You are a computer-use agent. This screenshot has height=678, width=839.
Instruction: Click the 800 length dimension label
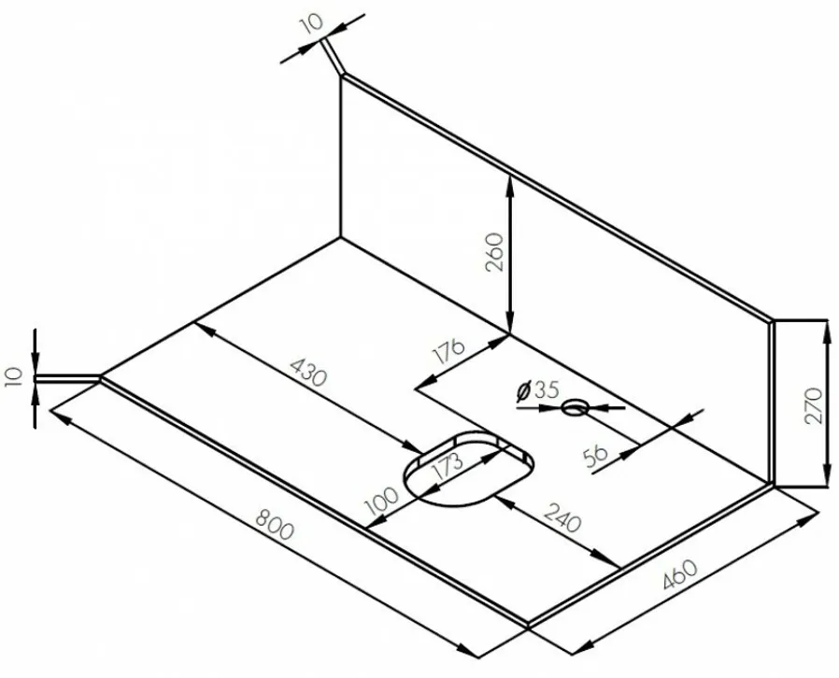(275, 524)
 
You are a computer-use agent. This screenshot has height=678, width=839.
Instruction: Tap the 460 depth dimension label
(679, 574)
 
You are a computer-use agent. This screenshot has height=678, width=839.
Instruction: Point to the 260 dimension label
(494, 252)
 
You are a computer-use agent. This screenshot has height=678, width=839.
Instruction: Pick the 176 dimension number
(449, 351)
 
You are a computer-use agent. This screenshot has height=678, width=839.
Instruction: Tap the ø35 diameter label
(537, 390)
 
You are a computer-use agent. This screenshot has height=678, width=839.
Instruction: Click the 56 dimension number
(595, 456)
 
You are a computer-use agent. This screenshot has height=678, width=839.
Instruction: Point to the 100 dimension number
(381, 500)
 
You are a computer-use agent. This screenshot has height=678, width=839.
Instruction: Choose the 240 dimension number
(562, 516)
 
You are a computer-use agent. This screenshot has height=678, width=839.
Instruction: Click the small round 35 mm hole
(575, 408)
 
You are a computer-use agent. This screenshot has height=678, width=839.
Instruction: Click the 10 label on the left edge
(13, 377)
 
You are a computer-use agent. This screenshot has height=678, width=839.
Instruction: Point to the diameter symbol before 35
(523, 392)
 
